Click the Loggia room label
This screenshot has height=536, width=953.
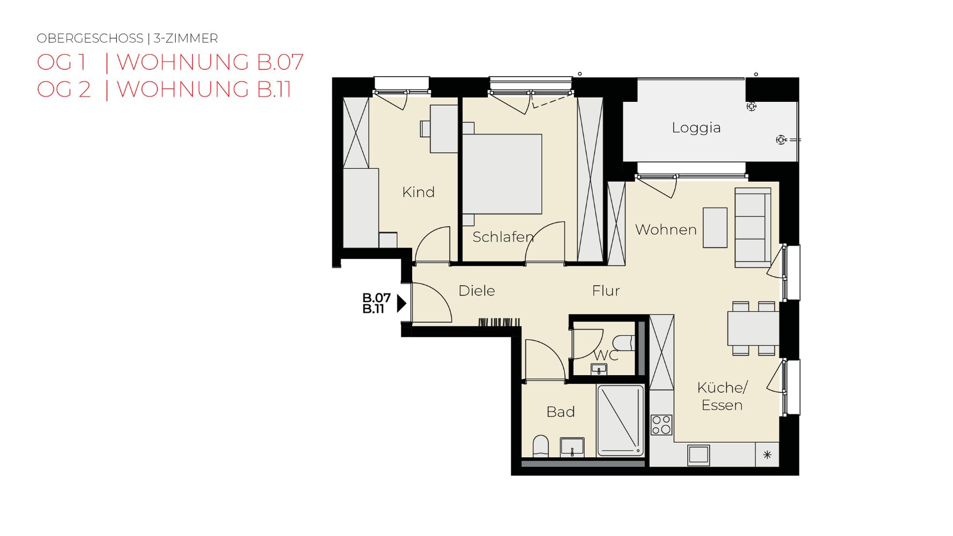point(696,128)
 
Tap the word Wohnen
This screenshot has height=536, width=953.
point(666,229)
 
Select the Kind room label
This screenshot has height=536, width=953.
point(418,192)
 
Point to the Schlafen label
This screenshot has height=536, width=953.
point(503,236)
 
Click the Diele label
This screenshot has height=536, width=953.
point(476,291)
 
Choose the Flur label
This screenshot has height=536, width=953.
point(606,291)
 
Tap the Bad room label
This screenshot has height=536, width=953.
point(561,412)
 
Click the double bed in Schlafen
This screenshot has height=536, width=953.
point(502,174)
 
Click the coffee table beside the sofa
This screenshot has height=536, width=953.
point(715,228)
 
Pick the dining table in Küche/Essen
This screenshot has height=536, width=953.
point(753,329)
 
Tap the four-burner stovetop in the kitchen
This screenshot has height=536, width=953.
point(661,425)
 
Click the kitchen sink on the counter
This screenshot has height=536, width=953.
point(698,455)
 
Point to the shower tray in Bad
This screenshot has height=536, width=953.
point(620,421)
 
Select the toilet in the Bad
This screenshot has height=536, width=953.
point(541,446)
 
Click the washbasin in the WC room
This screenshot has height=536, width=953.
point(599,369)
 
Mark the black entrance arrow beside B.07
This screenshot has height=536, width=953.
point(401,303)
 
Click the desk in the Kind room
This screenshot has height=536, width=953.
point(444,129)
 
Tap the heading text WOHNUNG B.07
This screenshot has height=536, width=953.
point(210,62)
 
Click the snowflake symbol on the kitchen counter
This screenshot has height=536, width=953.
point(767,455)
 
